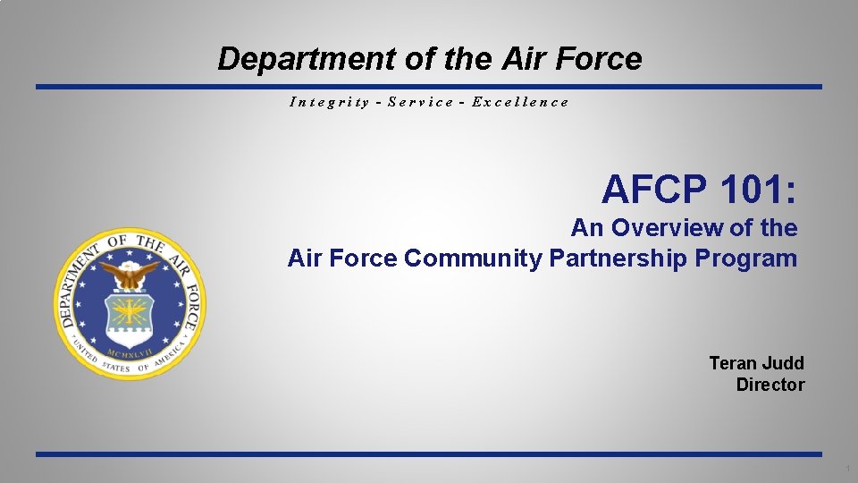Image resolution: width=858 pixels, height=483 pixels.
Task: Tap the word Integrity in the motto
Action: coord(329,102)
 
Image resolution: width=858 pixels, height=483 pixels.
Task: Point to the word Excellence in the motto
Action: coord(520,102)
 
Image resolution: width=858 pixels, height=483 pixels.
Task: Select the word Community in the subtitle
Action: coord(473,258)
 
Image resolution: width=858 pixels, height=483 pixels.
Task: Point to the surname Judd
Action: coord(783,363)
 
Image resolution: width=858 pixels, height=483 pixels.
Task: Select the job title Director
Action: coord(770,386)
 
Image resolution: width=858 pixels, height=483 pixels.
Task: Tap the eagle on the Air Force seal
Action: coord(130,273)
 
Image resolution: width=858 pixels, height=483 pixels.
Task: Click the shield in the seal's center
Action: coord(130,314)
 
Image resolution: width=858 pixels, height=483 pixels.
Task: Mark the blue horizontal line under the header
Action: coord(429,87)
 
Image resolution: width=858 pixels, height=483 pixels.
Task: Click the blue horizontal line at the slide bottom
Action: coord(429,454)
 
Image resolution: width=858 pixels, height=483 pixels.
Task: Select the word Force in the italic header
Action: coord(601,60)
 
